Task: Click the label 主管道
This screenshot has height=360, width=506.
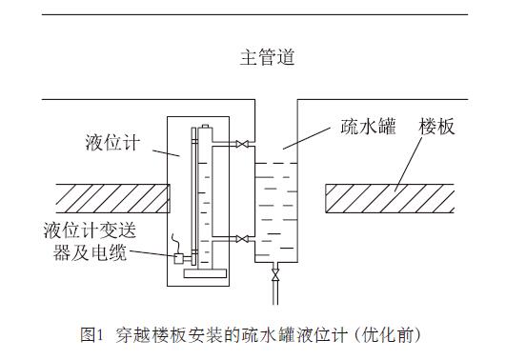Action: (x=266, y=56)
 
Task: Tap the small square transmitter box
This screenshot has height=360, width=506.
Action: (x=178, y=257)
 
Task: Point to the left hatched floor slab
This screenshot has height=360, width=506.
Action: (x=110, y=198)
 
